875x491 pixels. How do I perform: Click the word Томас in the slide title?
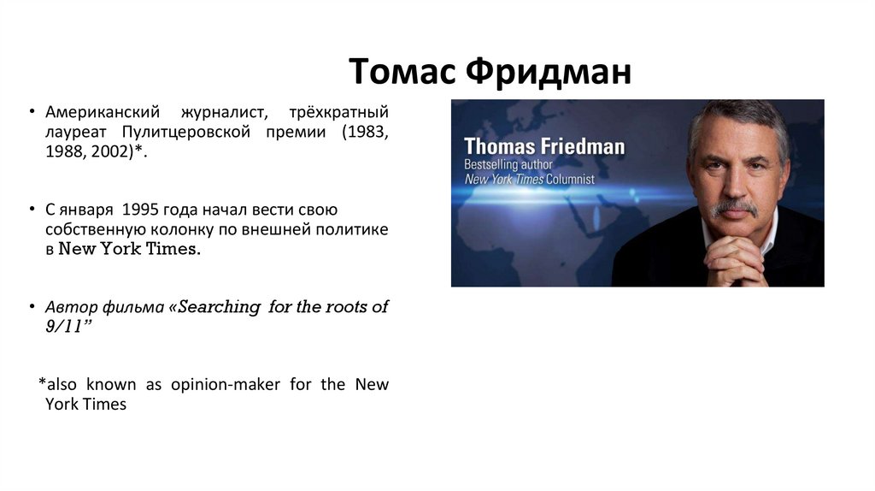tap(402, 72)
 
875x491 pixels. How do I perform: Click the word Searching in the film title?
tap(219, 307)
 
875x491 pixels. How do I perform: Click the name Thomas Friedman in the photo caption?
tap(543, 146)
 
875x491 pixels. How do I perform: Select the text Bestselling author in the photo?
tap(509, 164)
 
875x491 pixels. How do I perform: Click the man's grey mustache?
tap(733, 206)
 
